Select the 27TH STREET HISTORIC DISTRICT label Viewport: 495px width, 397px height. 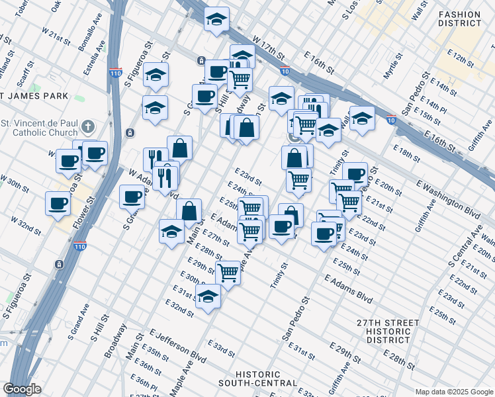387,331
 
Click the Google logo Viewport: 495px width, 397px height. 22,390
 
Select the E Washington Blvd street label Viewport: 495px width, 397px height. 448,197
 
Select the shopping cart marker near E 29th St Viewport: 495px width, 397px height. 228,272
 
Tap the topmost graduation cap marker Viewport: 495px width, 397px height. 216,19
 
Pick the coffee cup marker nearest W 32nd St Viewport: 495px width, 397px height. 57,204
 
